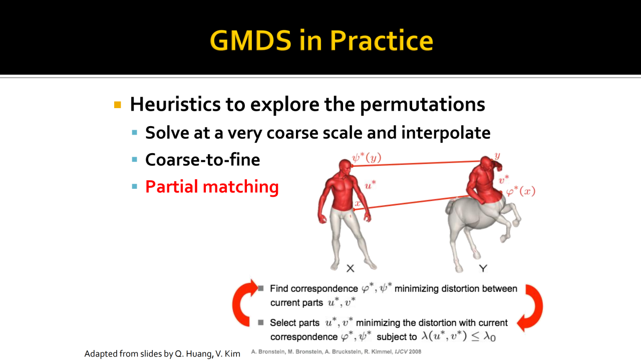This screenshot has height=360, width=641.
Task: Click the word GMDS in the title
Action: pos(251,41)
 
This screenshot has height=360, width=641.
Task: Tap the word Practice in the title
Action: pos(382,41)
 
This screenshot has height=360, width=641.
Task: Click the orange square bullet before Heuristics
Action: pos(117,105)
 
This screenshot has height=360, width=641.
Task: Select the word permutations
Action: pos(422,105)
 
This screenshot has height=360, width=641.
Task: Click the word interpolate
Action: pos(446,133)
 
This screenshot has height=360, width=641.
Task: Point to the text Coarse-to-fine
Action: pos(203,160)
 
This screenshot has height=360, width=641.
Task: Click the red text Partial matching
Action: pos(212,187)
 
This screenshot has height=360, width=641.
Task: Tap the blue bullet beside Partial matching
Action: pos(135,187)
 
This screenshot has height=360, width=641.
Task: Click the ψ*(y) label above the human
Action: pos(367,158)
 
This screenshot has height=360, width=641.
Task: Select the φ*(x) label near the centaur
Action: pos(521,191)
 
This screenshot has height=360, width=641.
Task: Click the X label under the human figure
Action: pos(350,268)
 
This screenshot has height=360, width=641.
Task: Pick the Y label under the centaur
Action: pos(483,268)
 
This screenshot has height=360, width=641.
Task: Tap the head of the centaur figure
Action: pos(486,164)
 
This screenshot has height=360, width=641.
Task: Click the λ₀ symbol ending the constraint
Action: pos(489,337)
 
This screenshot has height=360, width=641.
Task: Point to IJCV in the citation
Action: pos(401,351)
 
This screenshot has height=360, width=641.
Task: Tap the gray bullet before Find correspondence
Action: pos(261,288)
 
